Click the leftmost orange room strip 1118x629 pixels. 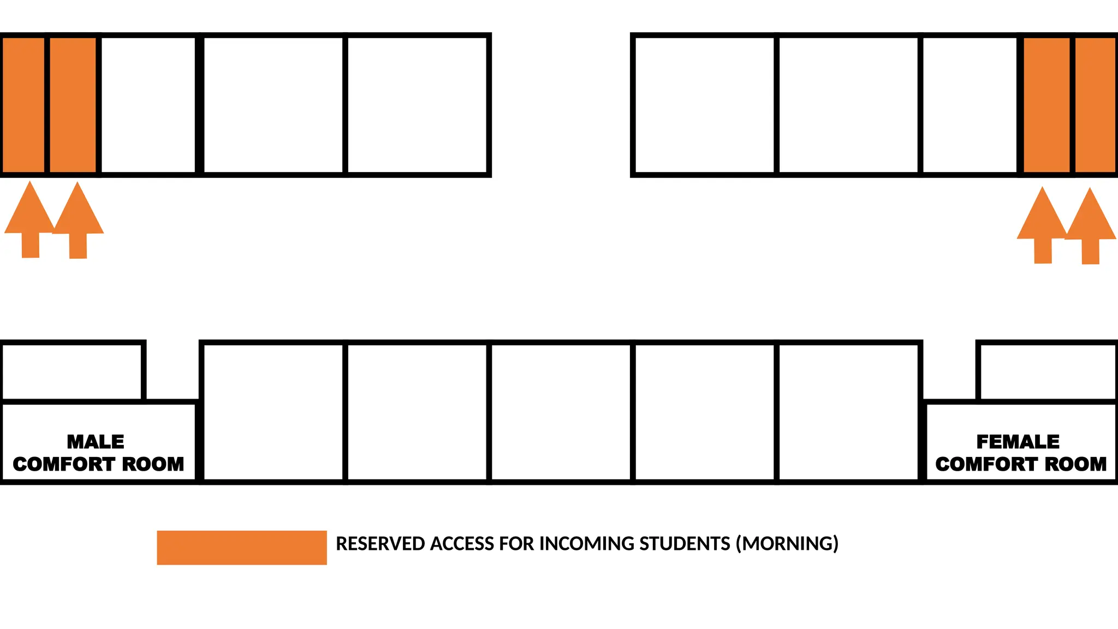23,105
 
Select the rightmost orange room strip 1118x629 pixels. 1095,105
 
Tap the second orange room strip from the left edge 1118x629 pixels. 73,105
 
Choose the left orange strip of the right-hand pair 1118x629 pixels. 1046,105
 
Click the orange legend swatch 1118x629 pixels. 242,548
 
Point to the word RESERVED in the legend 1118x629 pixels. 380,544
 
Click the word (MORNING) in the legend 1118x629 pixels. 787,544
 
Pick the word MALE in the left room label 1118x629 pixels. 96,441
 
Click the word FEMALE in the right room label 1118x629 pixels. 1018,441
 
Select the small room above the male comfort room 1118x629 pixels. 72,372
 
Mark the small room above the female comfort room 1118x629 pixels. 1047,372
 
